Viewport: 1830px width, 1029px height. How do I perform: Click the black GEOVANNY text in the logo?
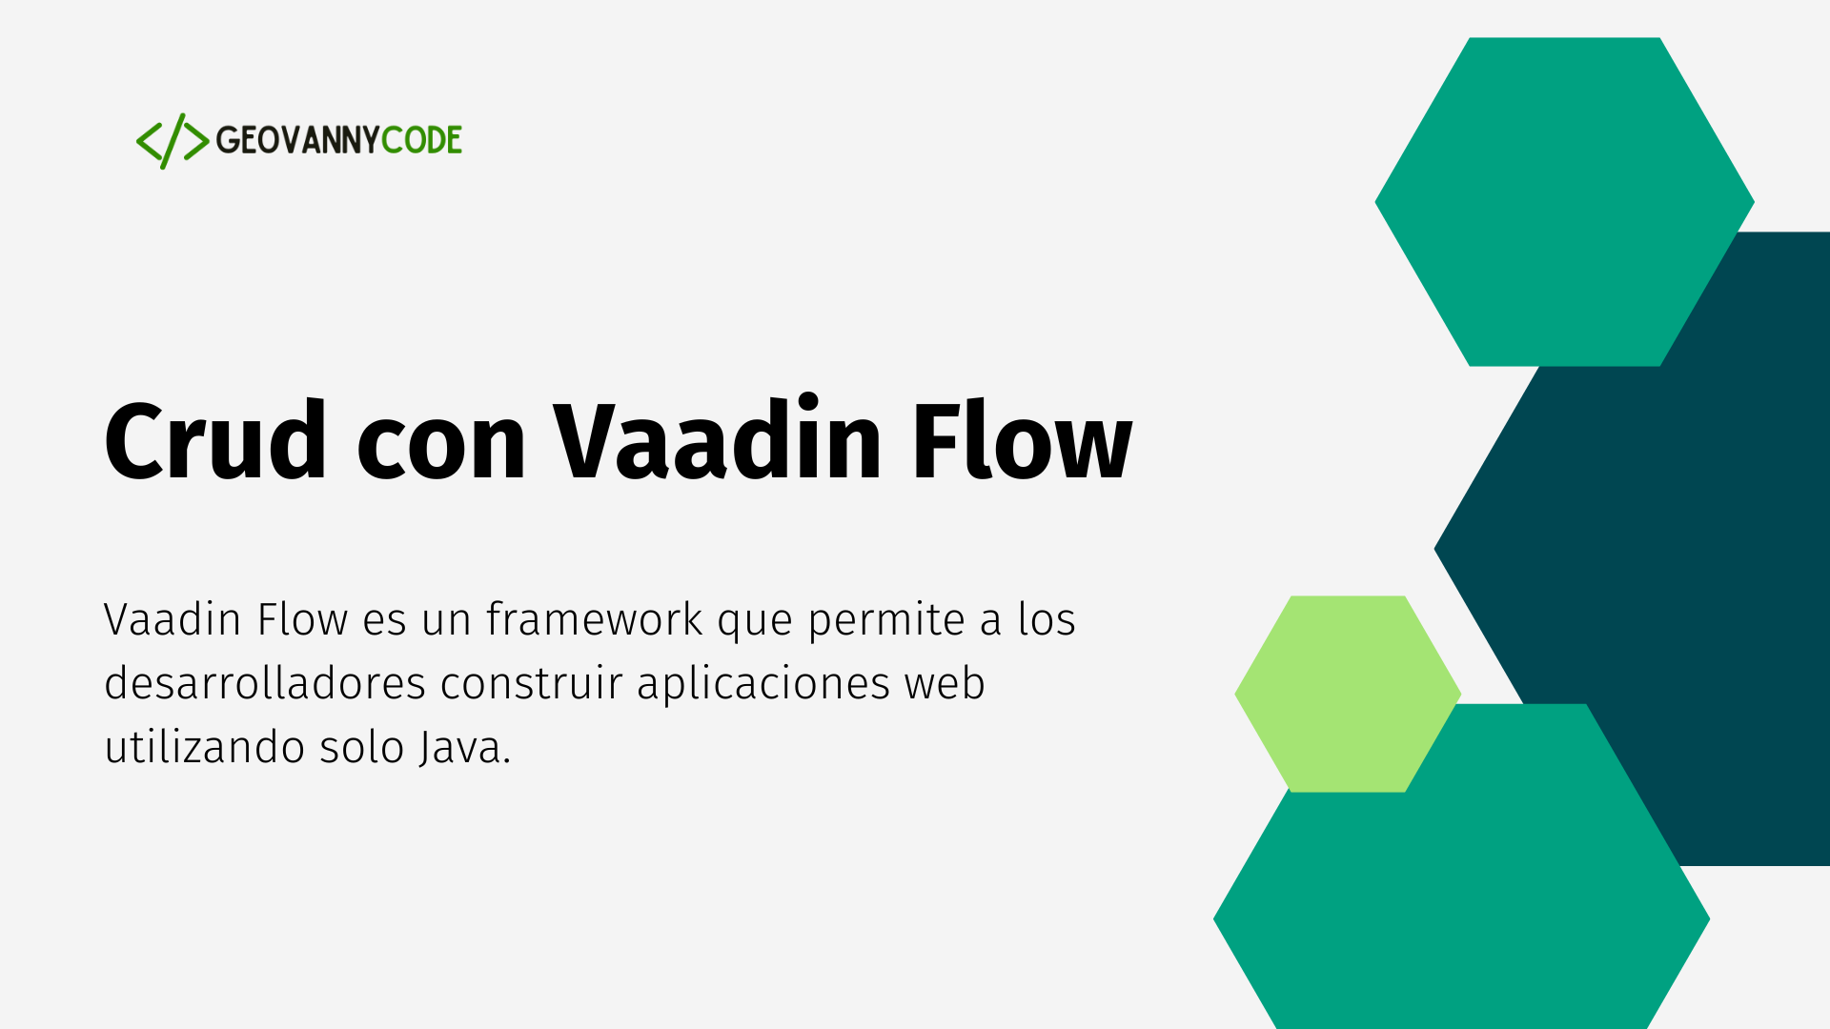[297, 140]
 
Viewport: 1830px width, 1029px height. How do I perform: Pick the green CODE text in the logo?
[421, 140]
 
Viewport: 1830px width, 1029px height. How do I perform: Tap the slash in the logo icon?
[173, 141]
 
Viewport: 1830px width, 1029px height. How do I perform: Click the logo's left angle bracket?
[149, 141]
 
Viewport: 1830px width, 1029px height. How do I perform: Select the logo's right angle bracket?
[196, 141]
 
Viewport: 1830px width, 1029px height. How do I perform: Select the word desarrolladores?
[265, 683]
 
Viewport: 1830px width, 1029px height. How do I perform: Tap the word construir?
[531, 684]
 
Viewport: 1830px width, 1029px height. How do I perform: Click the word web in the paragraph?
[945, 683]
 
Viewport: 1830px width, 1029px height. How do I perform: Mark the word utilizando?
[205, 747]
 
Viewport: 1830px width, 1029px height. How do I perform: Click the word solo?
[361, 747]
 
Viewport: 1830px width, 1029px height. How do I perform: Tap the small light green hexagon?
[1348, 694]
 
